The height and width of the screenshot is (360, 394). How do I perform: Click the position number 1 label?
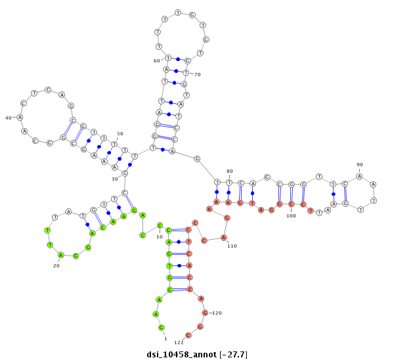click(165, 338)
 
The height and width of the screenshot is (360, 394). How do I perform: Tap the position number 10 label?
click(160, 236)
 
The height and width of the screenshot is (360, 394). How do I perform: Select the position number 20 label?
click(56, 266)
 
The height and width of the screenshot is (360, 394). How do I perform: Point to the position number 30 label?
click(115, 179)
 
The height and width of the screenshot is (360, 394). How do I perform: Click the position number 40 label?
click(9, 118)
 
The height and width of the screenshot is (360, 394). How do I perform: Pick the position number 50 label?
click(120, 134)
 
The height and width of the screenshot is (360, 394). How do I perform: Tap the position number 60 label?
click(157, 60)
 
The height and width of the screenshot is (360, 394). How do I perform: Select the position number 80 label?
click(229, 171)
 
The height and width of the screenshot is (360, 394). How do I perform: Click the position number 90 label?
click(359, 164)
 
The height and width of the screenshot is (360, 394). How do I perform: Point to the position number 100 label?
click(291, 215)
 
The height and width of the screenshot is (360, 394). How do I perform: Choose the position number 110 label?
click(232, 246)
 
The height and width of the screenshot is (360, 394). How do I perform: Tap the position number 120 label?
click(217, 313)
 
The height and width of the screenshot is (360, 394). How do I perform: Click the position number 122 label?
click(179, 342)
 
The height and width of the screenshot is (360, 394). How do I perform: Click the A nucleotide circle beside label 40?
click(20, 118)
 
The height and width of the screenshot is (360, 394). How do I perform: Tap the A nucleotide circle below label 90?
click(359, 176)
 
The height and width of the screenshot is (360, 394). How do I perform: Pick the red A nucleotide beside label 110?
click(223, 238)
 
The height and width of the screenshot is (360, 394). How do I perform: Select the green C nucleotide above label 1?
click(162, 327)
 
